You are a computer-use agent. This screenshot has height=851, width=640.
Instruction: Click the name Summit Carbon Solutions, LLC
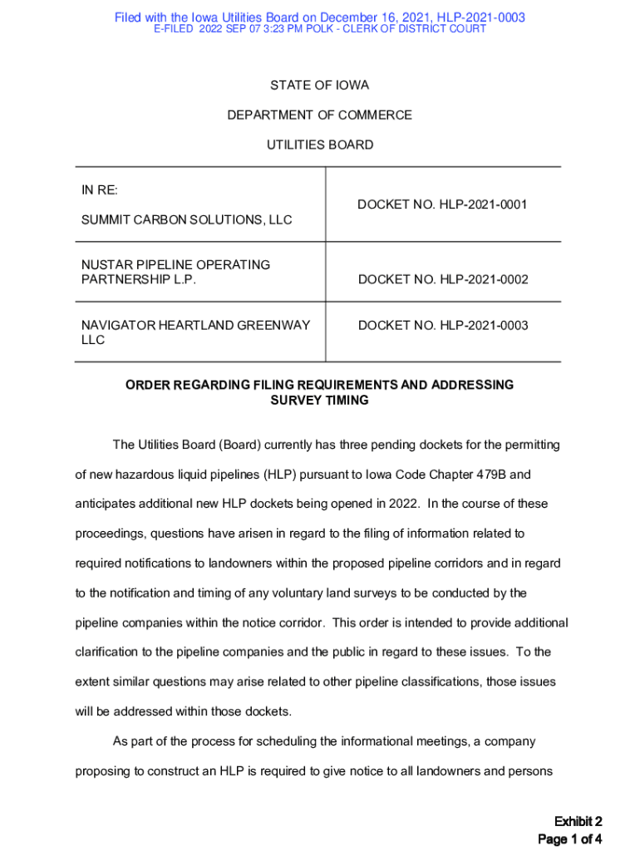coord(186,220)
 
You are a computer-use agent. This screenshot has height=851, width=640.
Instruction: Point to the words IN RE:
coord(99,190)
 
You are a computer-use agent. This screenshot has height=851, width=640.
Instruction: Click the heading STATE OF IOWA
coord(320,86)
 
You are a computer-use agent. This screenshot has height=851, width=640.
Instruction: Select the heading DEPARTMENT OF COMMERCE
coord(320,115)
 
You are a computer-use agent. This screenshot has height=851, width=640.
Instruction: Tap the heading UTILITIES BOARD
coord(320,145)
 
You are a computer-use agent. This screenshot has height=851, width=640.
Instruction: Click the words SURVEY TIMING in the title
coord(320,400)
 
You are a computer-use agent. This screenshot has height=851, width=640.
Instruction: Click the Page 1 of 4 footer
coord(569,839)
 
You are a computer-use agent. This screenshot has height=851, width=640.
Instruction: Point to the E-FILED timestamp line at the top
coord(320,29)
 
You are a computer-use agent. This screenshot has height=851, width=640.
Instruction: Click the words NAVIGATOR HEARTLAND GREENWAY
coord(195,325)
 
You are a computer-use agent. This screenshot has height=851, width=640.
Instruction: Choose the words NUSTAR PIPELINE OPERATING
coord(175,265)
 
